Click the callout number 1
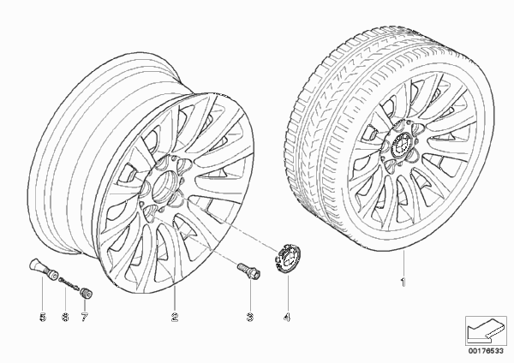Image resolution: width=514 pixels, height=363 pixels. point(403,282)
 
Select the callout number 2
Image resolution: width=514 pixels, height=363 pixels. point(175,317)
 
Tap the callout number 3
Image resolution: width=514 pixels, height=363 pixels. point(250,317)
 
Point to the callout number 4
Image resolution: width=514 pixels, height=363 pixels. point(287,317)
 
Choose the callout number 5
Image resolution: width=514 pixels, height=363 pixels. point(43,317)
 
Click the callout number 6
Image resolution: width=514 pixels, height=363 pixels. point(65,317)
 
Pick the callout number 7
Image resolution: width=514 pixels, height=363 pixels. point(85,317)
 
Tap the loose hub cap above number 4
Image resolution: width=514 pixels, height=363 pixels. point(287,257)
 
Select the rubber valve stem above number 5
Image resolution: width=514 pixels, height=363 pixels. point(43,268)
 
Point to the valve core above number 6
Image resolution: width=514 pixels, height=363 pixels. point(69,283)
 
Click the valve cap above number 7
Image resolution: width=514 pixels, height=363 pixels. point(86,292)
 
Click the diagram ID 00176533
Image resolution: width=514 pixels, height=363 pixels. point(486,351)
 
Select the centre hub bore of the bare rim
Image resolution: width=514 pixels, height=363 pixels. point(164,186)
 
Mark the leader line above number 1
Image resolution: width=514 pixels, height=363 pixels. point(403,263)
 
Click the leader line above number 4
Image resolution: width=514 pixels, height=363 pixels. point(287,292)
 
